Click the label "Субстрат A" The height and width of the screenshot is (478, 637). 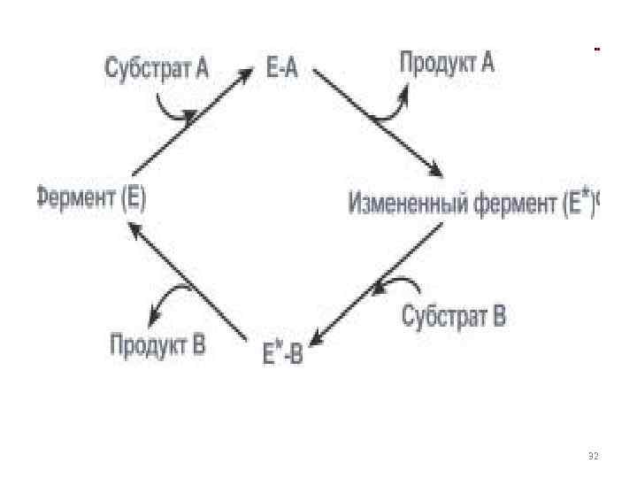click(x=157, y=67)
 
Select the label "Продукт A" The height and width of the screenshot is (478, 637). click(x=447, y=64)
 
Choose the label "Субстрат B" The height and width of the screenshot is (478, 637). click(x=454, y=316)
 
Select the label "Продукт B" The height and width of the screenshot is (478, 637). click(x=157, y=343)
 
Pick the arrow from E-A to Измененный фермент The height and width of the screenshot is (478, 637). click(x=377, y=123)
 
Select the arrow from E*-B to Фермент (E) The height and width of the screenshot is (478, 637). click(x=188, y=281)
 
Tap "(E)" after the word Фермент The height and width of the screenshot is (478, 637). click(x=134, y=198)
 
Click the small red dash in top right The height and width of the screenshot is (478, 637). click(x=597, y=48)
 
